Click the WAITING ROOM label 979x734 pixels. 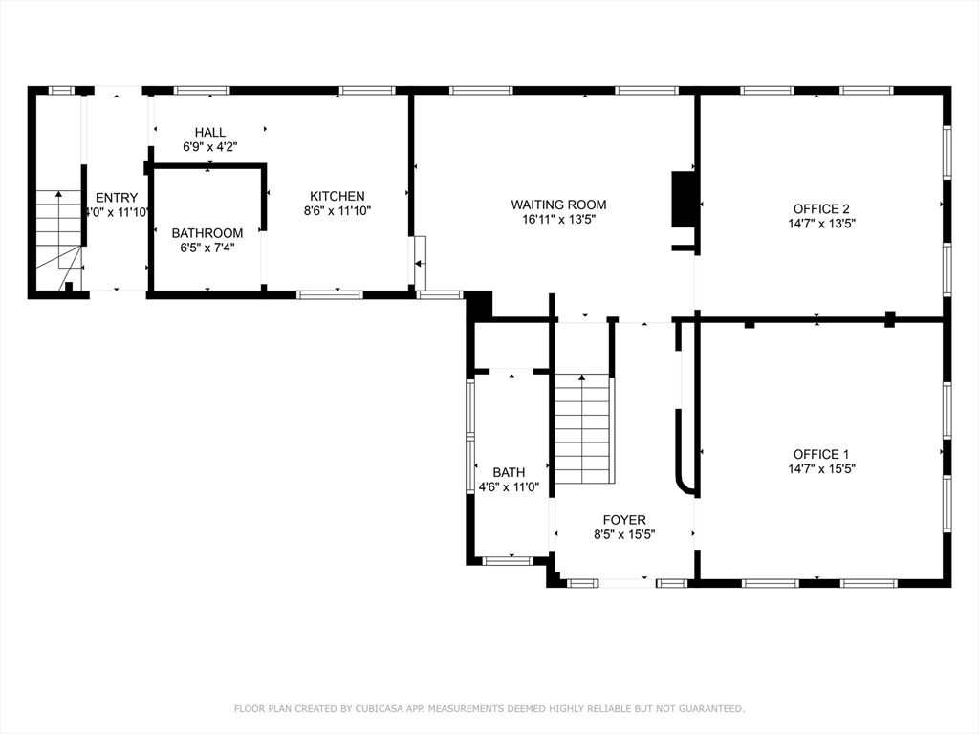[558, 205]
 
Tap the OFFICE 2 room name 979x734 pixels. [821, 208]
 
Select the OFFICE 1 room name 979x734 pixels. [821, 454]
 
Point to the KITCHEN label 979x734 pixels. [337, 196]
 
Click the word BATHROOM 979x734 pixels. [207, 233]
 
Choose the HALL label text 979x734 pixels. [210, 132]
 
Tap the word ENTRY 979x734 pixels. [117, 198]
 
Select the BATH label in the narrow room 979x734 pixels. [509, 472]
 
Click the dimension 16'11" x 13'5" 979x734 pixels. [558, 220]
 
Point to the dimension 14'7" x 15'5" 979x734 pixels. [821, 469]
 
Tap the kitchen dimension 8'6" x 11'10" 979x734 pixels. [337, 211]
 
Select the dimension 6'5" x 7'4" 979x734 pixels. [207, 248]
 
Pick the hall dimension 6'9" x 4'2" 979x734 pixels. [210, 147]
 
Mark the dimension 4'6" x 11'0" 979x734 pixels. [509, 486]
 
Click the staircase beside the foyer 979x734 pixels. [582, 430]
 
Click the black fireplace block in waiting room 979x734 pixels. [684, 199]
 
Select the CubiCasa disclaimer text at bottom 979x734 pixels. [489, 708]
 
